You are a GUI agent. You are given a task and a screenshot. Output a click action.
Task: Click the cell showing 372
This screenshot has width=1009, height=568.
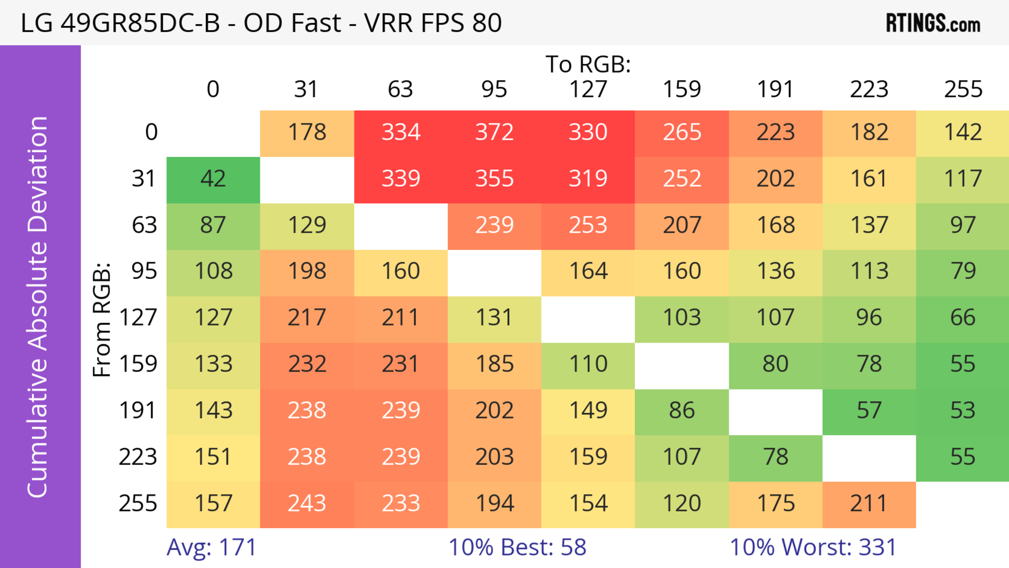point(494,132)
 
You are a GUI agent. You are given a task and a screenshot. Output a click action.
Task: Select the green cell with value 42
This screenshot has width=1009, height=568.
point(213,179)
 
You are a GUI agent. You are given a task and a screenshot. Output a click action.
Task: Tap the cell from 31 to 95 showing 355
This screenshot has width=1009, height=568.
point(494,179)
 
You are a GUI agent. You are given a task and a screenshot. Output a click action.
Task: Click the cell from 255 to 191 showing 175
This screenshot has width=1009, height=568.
point(776,503)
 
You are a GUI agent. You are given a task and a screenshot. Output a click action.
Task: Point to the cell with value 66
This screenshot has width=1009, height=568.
point(963,318)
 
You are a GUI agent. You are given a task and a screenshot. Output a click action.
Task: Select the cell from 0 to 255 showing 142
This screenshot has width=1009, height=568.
point(963,132)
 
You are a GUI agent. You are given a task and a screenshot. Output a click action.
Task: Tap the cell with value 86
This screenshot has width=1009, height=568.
point(682,411)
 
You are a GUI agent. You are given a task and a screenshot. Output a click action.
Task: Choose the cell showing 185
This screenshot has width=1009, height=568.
point(494,364)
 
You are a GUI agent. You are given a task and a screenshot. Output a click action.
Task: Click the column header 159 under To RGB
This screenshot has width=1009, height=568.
point(682,89)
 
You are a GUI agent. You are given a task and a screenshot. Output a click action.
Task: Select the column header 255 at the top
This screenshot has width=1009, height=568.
point(963,89)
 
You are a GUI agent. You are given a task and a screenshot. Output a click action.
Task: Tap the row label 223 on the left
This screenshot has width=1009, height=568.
point(138,457)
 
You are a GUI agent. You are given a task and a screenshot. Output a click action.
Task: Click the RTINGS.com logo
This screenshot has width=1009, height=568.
point(933,23)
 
